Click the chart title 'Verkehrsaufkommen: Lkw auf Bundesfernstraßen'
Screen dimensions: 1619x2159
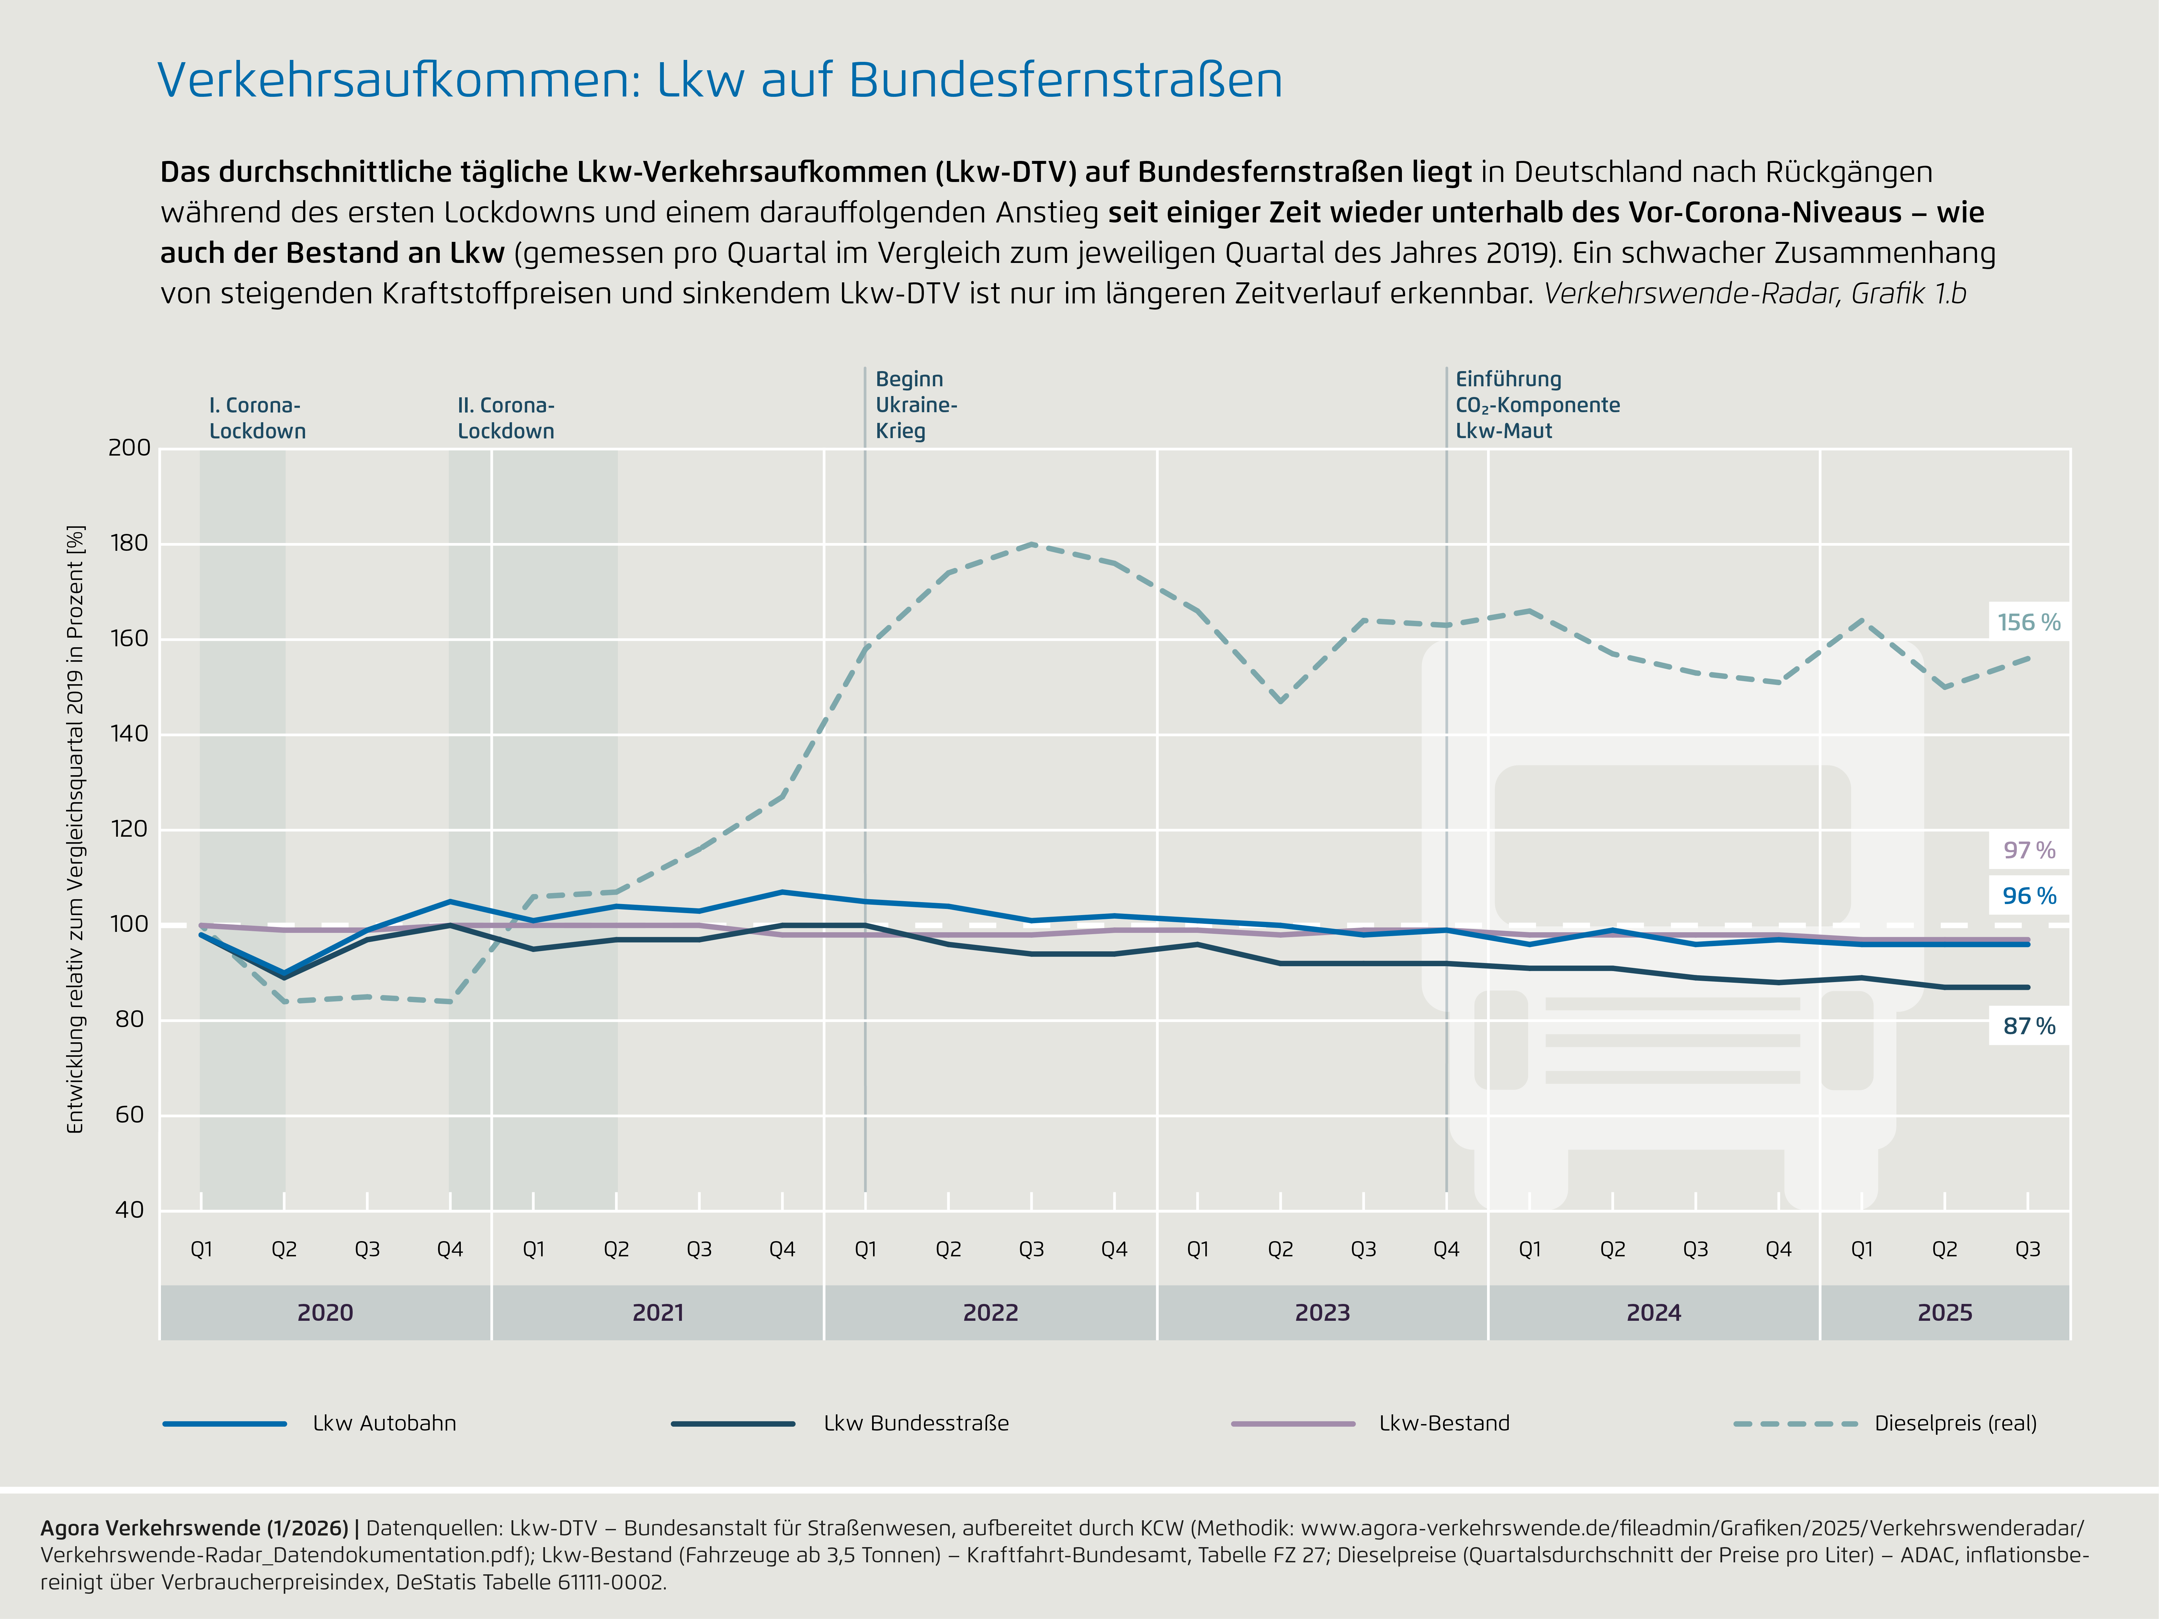[719, 80]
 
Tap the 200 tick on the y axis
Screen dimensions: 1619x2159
[130, 448]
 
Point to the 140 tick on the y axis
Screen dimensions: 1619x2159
[130, 734]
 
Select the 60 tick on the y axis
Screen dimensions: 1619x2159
[130, 1115]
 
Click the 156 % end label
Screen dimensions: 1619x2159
[2028, 623]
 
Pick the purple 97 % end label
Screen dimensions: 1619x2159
[2028, 850]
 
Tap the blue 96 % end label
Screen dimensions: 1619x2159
[2028, 896]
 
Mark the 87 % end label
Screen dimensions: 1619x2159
[2028, 1026]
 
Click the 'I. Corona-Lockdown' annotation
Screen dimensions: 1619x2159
[257, 418]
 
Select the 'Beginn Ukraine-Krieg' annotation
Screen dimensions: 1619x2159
[915, 405]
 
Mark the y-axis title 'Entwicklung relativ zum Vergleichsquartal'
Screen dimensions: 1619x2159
[75, 830]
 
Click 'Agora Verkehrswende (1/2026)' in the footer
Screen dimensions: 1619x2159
[193, 1528]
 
